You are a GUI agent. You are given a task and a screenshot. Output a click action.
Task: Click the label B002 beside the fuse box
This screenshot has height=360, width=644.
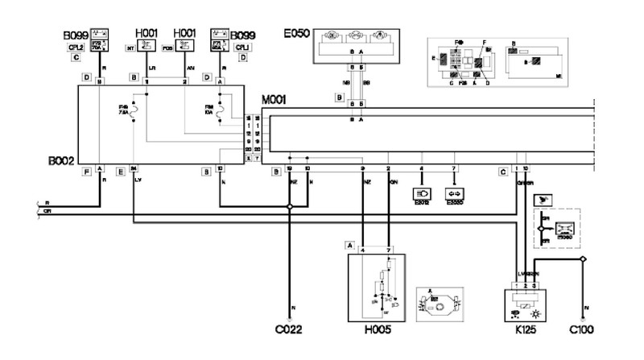tap(61, 161)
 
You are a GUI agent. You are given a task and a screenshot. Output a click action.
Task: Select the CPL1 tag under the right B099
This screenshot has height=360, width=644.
tap(242, 48)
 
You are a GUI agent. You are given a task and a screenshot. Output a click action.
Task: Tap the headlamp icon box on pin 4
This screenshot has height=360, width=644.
tap(421, 193)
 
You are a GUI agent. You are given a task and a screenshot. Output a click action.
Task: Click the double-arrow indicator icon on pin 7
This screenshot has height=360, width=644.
tap(455, 193)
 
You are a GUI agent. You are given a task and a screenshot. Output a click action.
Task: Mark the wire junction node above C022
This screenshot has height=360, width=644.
tap(290, 207)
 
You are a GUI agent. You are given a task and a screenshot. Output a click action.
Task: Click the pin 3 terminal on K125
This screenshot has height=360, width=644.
tap(535, 285)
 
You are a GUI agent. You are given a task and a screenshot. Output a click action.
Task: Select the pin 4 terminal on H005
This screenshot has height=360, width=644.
tap(364, 250)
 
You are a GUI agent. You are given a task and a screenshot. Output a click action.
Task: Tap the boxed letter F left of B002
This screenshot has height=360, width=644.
tap(86, 170)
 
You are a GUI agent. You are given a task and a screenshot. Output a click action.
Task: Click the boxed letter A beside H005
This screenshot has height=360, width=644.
tap(350, 244)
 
